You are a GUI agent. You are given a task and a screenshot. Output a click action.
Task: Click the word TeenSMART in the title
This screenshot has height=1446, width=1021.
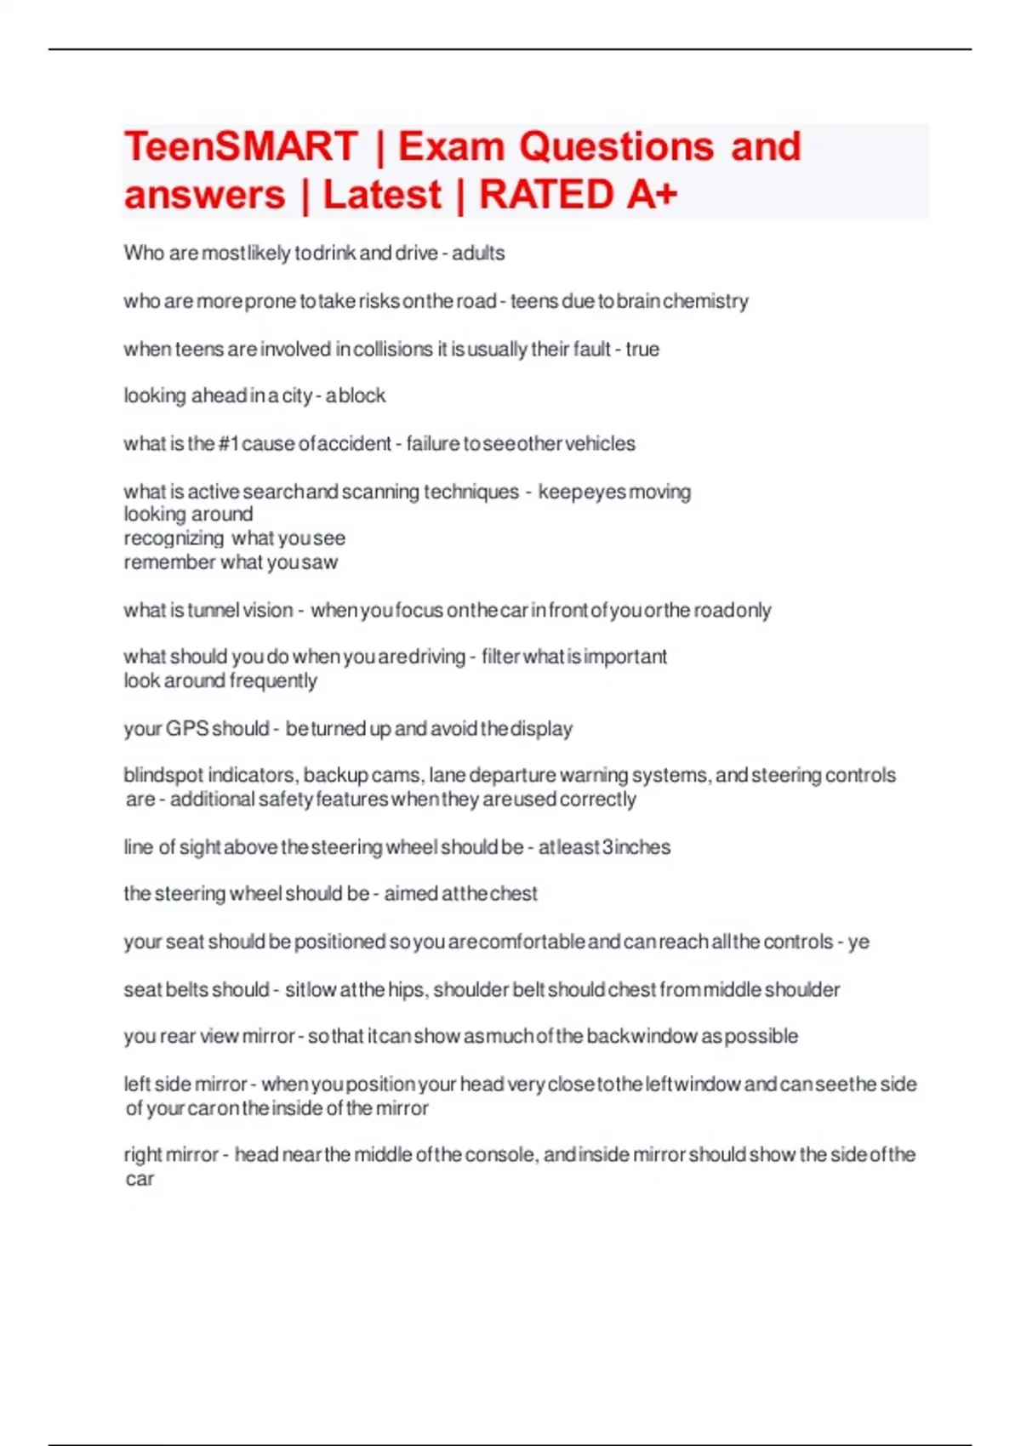click(241, 146)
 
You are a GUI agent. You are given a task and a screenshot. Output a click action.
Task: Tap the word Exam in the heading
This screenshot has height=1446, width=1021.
click(451, 146)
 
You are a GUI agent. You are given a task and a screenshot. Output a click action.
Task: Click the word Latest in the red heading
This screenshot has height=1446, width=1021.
click(382, 194)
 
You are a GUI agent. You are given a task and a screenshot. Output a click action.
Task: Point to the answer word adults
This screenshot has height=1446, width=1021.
click(478, 253)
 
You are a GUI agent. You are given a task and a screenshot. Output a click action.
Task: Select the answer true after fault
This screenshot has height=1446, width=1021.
click(642, 349)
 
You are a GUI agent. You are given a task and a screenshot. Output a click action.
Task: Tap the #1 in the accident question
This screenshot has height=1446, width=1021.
click(228, 443)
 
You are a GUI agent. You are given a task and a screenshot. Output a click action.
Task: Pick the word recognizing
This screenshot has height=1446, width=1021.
click(174, 538)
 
